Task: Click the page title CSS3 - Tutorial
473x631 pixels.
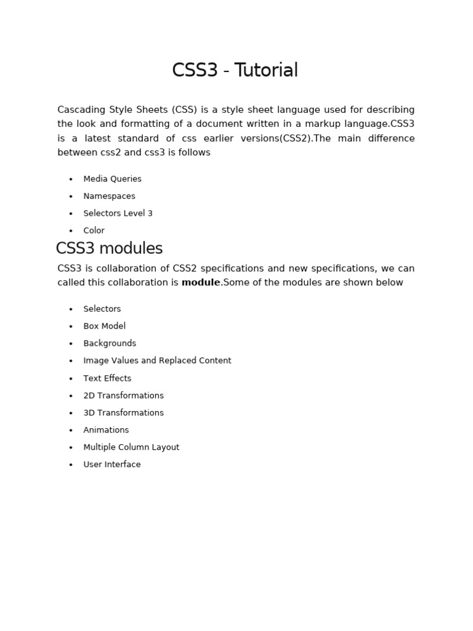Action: [x=235, y=71]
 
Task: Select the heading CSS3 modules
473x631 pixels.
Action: [x=109, y=248]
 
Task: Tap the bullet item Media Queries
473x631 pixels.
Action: [x=112, y=179]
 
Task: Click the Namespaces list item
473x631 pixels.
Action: [x=109, y=196]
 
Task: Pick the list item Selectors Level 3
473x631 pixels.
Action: [x=118, y=213]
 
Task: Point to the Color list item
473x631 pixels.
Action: [x=94, y=230]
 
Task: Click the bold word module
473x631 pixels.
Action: [x=200, y=283]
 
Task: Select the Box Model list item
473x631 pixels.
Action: [x=104, y=326]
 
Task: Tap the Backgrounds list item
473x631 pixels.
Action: [x=110, y=343]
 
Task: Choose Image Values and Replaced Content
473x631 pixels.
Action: [x=157, y=360]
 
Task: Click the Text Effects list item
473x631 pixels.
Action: [x=107, y=378]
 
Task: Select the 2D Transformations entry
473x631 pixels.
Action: [x=123, y=396]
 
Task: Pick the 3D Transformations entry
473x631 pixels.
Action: [x=123, y=413]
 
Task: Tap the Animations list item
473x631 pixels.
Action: [x=106, y=430]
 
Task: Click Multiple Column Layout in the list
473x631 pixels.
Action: [x=131, y=447]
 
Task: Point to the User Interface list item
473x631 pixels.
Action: [x=111, y=465]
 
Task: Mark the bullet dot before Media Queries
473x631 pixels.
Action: [x=71, y=179]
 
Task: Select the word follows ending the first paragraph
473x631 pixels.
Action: [x=196, y=152]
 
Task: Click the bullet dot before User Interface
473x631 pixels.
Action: [x=71, y=465]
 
